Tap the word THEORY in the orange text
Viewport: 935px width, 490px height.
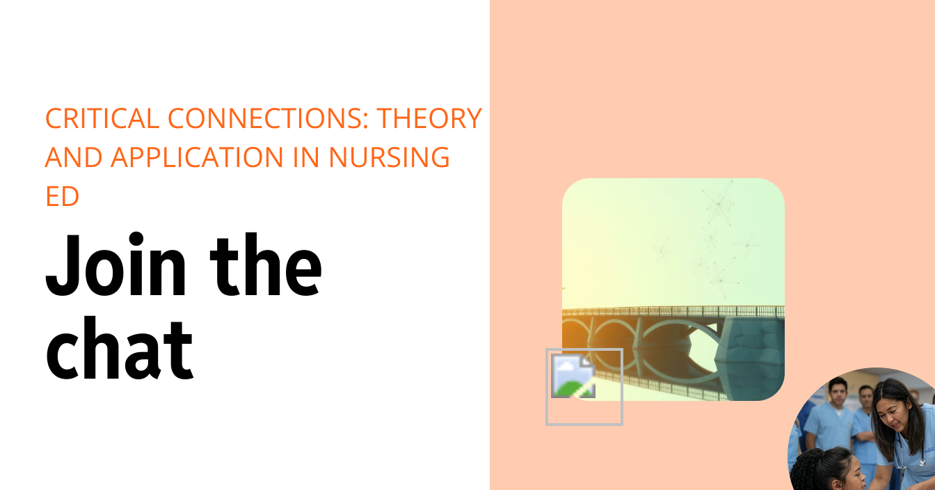pos(429,119)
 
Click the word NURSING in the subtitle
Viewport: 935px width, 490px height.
pos(389,158)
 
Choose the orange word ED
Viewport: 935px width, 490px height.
pos(62,197)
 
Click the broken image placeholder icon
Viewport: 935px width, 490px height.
pos(573,376)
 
